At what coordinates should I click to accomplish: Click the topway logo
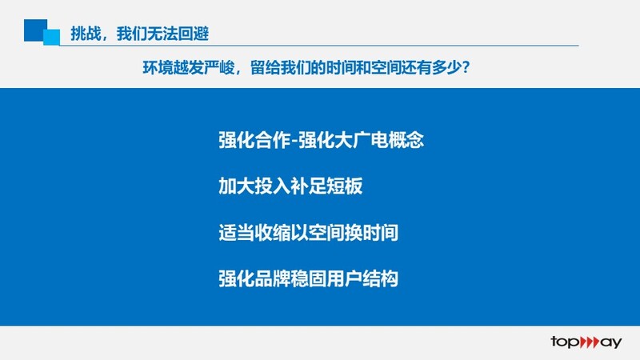click(x=586, y=342)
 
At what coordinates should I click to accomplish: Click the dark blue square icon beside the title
click(x=35, y=30)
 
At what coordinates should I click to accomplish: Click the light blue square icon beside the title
click(x=52, y=37)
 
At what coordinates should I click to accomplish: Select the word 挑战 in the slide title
click(x=86, y=34)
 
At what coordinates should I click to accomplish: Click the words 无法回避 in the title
click(x=178, y=34)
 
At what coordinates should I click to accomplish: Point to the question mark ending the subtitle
click(x=466, y=67)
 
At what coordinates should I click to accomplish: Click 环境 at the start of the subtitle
click(x=158, y=67)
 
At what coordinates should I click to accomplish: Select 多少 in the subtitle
click(x=446, y=67)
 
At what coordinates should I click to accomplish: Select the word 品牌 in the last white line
click(x=272, y=278)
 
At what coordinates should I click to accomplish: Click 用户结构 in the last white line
click(x=362, y=278)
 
